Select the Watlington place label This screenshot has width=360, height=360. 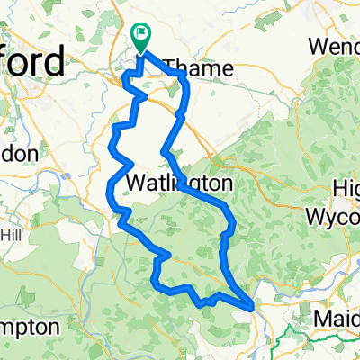pyautogui.click(x=180, y=183)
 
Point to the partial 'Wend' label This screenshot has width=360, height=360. pyautogui.click(x=335, y=45)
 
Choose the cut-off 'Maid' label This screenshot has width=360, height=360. pyautogui.click(x=337, y=319)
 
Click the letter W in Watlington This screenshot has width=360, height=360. pyautogui.click(x=139, y=183)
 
